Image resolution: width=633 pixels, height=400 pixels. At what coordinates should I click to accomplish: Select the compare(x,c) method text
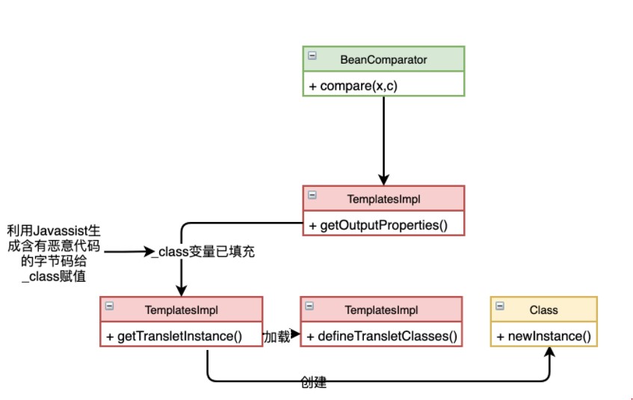(354, 86)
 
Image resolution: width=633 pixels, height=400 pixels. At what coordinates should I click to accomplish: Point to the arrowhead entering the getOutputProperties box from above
(383, 180)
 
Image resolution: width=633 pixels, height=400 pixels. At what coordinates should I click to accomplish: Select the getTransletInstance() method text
(179, 336)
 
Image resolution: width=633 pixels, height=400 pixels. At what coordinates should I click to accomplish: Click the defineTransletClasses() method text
(381, 336)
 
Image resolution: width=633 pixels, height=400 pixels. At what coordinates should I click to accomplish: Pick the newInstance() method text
(543, 336)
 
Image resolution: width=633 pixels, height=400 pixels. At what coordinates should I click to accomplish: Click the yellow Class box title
(543, 309)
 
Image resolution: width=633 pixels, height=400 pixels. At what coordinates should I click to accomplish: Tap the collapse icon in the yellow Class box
(499, 306)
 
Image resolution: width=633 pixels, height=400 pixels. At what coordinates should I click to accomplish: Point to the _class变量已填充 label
(203, 252)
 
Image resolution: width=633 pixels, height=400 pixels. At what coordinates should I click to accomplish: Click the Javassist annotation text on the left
(53, 252)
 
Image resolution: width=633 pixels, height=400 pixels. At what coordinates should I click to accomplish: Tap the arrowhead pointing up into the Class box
(550, 354)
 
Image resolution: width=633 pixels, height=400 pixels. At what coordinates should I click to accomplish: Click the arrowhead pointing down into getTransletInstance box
(181, 291)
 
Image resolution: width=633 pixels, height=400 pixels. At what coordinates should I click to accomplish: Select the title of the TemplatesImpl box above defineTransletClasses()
(381, 309)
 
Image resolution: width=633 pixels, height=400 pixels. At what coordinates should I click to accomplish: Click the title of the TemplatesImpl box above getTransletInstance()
(181, 309)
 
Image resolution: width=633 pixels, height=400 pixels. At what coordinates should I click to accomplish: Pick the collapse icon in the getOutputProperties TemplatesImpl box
(312, 195)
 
